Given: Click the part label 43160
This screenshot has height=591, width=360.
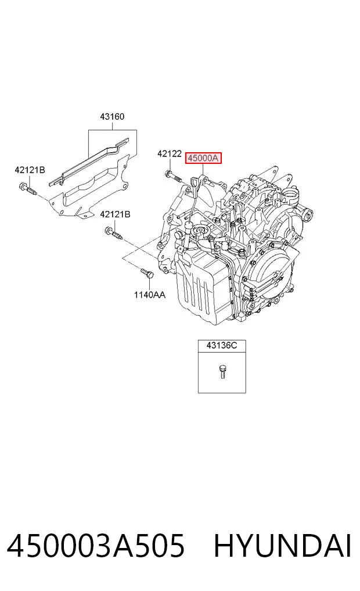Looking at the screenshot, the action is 112,117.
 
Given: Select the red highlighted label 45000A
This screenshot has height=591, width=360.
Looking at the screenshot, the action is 203,158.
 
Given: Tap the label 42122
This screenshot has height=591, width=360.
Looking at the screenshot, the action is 170,154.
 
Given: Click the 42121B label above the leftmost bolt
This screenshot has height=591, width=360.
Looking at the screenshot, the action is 30,170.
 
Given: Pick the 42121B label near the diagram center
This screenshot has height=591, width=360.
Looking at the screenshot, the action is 115,214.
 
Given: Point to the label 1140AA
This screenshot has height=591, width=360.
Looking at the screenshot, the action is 149,295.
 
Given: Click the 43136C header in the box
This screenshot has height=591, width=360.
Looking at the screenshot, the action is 222,345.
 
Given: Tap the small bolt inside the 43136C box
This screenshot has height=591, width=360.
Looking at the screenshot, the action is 222,371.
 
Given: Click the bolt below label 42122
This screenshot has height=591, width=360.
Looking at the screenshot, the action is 173,177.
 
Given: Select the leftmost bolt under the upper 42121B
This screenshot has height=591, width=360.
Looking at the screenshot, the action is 27,188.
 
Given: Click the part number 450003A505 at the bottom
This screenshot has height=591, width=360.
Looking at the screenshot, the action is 96,546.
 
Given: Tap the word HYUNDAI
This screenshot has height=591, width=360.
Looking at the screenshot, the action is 283,546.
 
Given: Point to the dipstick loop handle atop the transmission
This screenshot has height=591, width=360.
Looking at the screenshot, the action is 195,182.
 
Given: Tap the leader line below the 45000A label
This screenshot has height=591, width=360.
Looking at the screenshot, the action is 203,170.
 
